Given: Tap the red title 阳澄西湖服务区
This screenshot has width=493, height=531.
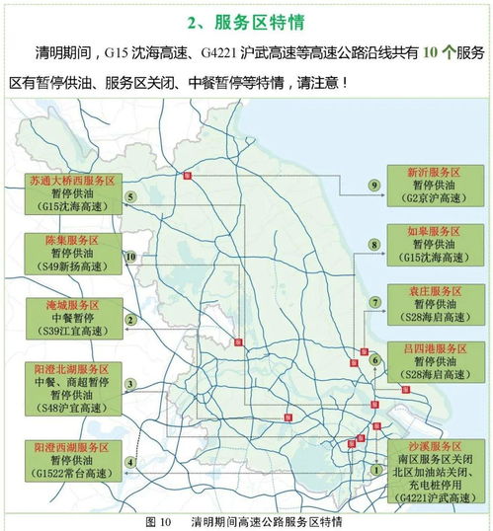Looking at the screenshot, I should [71, 446].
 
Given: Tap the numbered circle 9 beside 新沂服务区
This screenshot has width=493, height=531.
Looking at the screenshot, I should [374, 185].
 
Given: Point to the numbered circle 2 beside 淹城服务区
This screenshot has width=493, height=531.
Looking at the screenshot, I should [130, 319].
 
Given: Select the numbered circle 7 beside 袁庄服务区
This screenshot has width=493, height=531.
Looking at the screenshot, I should [374, 302].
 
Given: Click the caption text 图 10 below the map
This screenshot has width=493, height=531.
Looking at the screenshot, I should [158, 520].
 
